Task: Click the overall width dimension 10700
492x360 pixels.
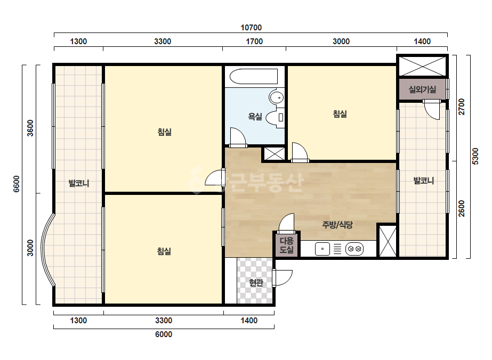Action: (x=251, y=28)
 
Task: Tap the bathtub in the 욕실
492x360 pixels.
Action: (x=254, y=76)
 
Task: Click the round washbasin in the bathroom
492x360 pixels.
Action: (x=277, y=97)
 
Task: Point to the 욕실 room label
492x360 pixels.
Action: (x=255, y=117)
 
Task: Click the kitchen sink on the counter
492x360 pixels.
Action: (x=322, y=249)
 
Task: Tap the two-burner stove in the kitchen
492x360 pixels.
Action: (x=354, y=249)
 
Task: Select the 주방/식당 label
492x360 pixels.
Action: (x=337, y=225)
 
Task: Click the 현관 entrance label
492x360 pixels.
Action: (x=256, y=283)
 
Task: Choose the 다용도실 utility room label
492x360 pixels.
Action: (x=286, y=245)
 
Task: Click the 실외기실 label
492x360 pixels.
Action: (x=422, y=89)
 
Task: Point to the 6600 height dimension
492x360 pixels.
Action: (x=17, y=184)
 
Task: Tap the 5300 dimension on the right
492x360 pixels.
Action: (x=475, y=156)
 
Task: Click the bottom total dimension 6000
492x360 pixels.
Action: (x=164, y=334)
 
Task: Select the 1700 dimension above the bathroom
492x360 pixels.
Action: (x=254, y=42)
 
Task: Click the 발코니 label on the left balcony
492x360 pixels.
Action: (x=79, y=183)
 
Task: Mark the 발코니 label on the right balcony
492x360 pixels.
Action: (x=424, y=181)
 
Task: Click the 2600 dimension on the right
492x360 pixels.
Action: (x=462, y=208)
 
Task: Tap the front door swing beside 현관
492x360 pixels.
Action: (x=283, y=278)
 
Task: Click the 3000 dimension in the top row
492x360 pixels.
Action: (x=341, y=42)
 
